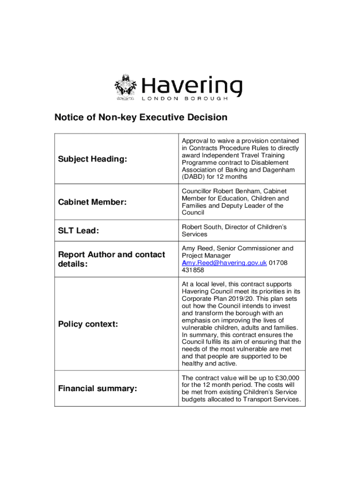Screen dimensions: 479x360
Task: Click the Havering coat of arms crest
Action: pyautogui.click(x=125, y=87)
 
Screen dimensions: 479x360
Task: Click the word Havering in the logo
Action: pyautogui.click(x=192, y=86)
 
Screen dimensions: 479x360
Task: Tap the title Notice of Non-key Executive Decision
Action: pyautogui.click(x=141, y=117)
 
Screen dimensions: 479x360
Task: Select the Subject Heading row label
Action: pyautogui.click(x=93, y=159)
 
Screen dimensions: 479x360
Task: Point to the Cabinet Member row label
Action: pyautogui.click(x=92, y=202)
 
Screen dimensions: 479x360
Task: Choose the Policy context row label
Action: pyautogui.click(x=88, y=324)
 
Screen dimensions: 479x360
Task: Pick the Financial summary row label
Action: pyautogui.click(x=97, y=388)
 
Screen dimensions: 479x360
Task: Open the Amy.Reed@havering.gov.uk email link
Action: pyautogui.click(x=224, y=263)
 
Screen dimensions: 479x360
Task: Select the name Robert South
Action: pyautogui.click(x=202, y=227)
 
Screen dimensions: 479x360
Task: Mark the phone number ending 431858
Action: pyautogui.click(x=193, y=270)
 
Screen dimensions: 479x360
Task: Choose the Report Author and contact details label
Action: pyautogui.click(x=111, y=259)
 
